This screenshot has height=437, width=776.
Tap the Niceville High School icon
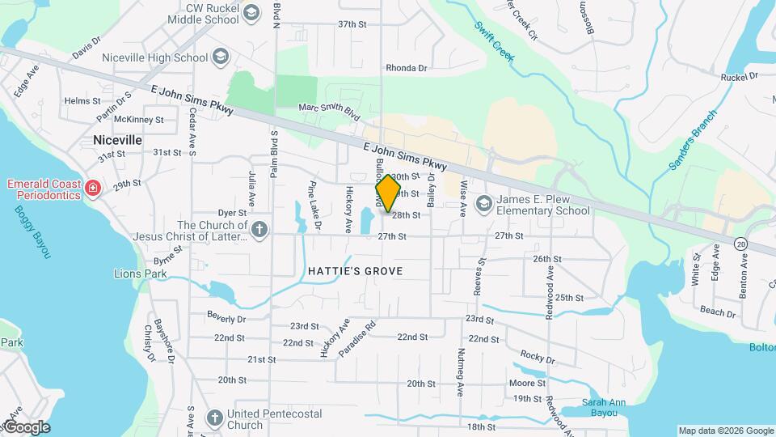coord(221,57)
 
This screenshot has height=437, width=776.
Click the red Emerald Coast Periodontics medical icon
coord(93,189)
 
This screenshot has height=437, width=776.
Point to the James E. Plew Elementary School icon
coord(484,202)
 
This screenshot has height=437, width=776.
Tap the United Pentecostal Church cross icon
coord(215,418)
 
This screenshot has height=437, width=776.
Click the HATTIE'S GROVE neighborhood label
coord(355,270)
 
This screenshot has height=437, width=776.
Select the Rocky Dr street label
coord(537,357)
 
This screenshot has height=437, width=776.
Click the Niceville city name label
coord(117,140)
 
